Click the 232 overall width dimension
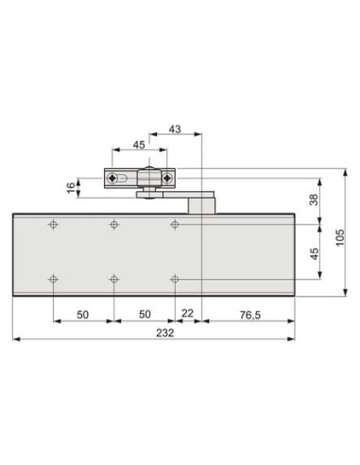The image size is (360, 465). pyautogui.click(x=165, y=333)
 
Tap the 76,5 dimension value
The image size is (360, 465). pyautogui.click(x=250, y=315)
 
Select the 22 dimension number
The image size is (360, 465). pyautogui.click(x=187, y=313)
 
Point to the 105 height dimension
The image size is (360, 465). pyautogui.click(x=340, y=237)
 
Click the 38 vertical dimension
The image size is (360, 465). pyautogui.click(x=314, y=199)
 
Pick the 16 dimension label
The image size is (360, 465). pyautogui.click(x=72, y=188)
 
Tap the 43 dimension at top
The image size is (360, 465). pyautogui.click(x=175, y=129)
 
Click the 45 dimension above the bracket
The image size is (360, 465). pyautogui.click(x=139, y=145)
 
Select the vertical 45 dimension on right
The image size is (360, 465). pyautogui.click(x=314, y=253)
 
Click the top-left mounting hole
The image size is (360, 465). pyautogui.click(x=53, y=225)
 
